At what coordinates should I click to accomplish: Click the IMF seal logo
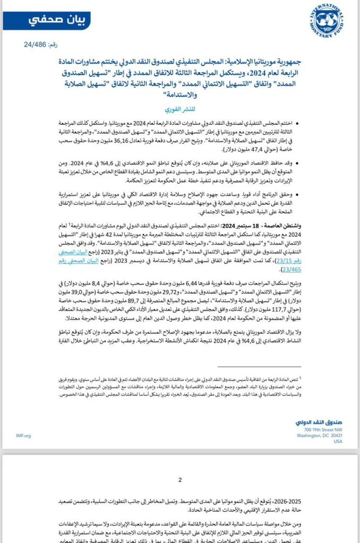pyautogui.click(x=326, y=21)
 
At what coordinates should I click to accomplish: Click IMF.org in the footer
pyautogui.click(x=24, y=435)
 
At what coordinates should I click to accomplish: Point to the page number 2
pyautogui.click(x=180, y=480)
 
